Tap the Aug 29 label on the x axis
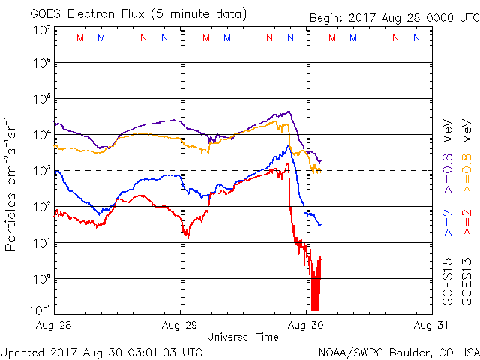click(x=181, y=325)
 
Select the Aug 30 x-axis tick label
click(x=306, y=325)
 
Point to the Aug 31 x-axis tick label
click(x=430, y=325)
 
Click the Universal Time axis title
click(x=243, y=337)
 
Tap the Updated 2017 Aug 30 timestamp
click(x=101, y=351)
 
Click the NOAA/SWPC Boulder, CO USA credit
click(x=398, y=351)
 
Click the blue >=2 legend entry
click(x=447, y=224)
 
